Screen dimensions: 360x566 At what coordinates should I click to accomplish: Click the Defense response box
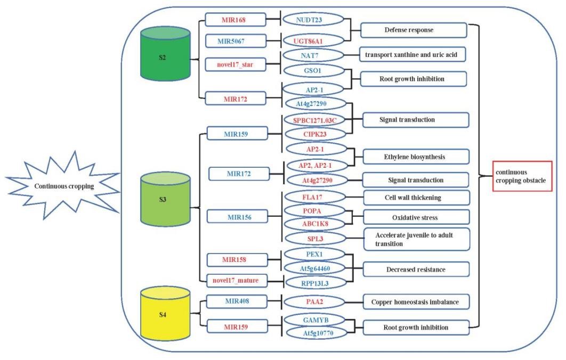coord(414,30)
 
